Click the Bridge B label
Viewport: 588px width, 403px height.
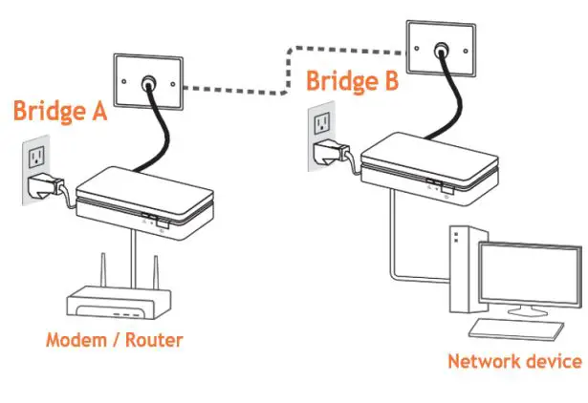point(351,81)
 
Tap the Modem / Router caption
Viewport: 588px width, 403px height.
point(114,340)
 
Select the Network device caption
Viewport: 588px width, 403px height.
point(514,361)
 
